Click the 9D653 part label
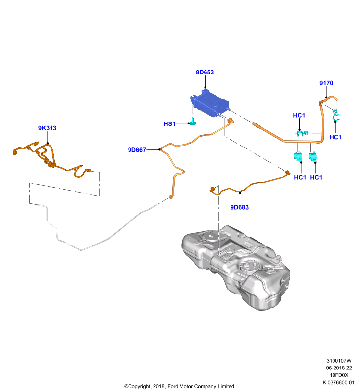[205, 72]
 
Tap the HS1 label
[169, 124]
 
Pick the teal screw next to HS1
[193, 121]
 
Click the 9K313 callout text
[47, 128]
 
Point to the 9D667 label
[137, 150]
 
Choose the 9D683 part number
[239, 207]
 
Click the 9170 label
[326, 83]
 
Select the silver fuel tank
[236, 267]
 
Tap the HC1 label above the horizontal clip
[299, 115]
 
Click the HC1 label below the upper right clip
[335, 137]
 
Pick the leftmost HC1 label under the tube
[300, 177]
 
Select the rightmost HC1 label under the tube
[316, 177]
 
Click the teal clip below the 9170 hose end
[335, 115]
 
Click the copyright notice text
[179, 386]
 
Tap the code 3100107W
[339, 361]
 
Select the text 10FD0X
[339, 375]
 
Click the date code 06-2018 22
[339, 368]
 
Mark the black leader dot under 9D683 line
[240, 192]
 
